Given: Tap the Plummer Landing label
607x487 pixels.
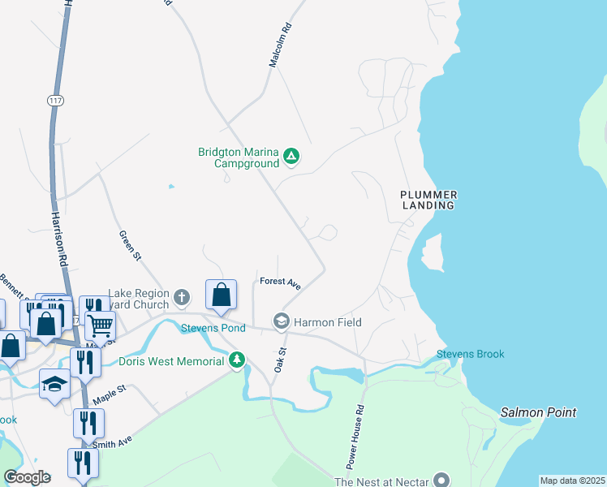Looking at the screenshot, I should point(428,200).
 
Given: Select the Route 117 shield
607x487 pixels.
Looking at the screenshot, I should point(55,101).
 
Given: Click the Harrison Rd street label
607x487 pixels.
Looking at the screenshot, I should point(58,240).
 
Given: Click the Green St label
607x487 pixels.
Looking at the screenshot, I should point(130,244).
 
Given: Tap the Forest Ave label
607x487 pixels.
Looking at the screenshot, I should point(281,283).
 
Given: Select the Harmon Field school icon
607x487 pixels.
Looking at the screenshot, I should point(282,322).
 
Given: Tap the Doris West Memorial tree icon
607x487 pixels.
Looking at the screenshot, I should point(237,360).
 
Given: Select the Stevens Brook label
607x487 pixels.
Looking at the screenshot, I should point(471,354).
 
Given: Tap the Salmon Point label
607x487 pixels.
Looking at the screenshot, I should point(538,412).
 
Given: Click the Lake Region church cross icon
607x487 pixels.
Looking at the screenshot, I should point(181,297).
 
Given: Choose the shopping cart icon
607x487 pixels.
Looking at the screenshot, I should point(99,326).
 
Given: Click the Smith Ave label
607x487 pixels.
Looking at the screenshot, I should point(112,444).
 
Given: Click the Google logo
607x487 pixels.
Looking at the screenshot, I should point(27,477).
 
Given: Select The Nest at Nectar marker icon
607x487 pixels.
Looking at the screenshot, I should point(441,481).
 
